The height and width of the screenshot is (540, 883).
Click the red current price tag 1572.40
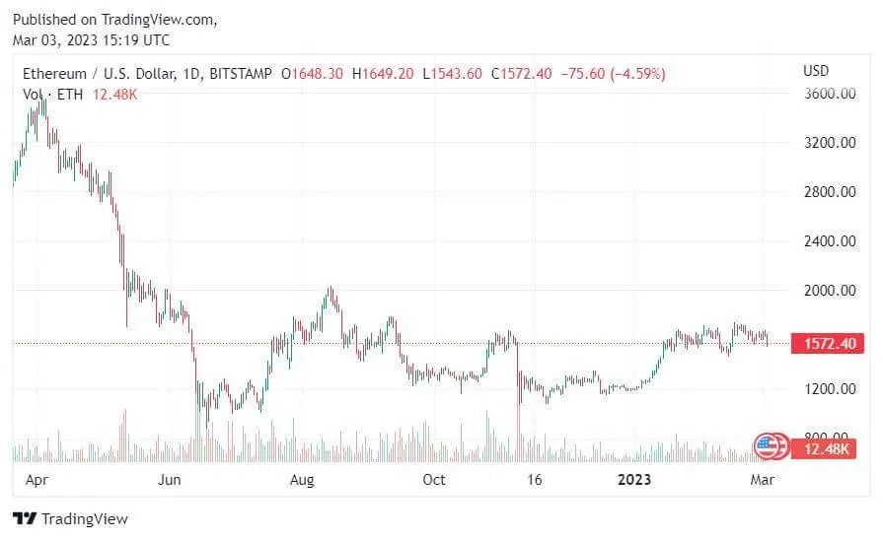pyautogui.click(x=828, y=343)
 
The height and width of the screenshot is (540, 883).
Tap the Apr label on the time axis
pyautogui.click(x=37, y=480)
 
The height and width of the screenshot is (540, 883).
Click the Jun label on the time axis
pyautogui.click(x=170, y=480)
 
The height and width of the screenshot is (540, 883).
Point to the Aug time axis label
pyautogui.click(x=302, y=480)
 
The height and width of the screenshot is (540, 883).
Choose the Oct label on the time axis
pyautogui.click(x=434, y=480)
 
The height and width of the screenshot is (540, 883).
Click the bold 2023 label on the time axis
pyautogui.click(x=633, y=480)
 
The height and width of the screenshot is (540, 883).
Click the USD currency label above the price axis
pyautogui.click(x=816, y=71)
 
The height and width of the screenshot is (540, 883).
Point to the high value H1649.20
pyautogui.click(x=386, y=74)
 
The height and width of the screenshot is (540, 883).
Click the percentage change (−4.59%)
pyautogui.click(x=637, y=74)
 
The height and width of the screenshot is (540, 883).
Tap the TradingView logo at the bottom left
pyautogui.click(x=70, y=519)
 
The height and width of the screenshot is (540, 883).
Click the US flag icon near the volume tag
pyautogui.click(x=767, y=446)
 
